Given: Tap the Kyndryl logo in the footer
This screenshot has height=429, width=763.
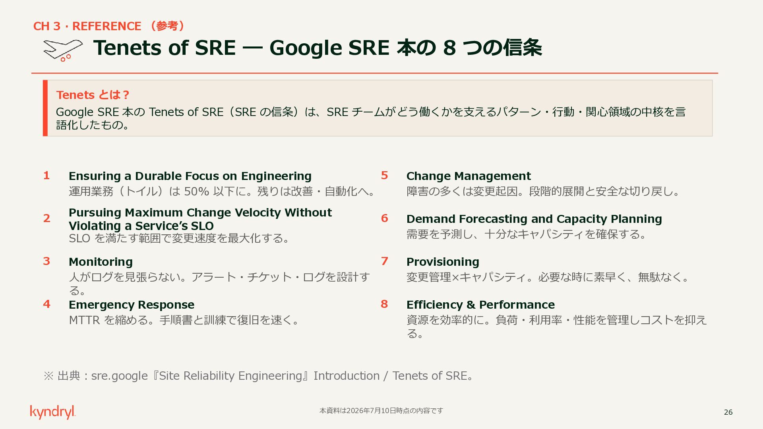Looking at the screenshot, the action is click(x=53, y=412).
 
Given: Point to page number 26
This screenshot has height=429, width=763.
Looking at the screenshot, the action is click(x=728, y=412).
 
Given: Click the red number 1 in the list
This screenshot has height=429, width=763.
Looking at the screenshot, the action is click(x=46, y=176).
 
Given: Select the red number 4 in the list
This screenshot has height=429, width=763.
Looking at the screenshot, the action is click(x=46, y=304).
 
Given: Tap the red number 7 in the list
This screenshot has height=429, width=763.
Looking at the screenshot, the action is click(x=384, y=261).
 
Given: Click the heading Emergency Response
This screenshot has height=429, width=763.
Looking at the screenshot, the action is click(x=132, y=305).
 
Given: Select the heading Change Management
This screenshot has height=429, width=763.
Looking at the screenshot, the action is click(x=469, y=176).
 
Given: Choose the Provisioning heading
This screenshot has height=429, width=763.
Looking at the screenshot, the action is click(x=443, y=262).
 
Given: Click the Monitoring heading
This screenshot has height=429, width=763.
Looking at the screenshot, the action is click(x=101, y=262).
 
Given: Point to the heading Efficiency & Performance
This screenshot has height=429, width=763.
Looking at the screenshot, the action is click(x=480, y=305).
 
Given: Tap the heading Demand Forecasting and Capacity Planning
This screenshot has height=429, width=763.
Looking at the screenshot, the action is click(x=534, y=219).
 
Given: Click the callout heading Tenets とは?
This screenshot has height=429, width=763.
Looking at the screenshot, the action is click(x=93, y=95).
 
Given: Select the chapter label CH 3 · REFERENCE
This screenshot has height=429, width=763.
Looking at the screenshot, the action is click(x=87, y=26).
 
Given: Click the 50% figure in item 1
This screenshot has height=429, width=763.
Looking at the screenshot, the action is click(x=196, y=191).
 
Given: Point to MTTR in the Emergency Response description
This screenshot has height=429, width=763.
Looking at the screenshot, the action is click(x=84, y=320).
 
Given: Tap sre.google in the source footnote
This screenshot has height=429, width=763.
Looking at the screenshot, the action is click(x=119, y=376).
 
